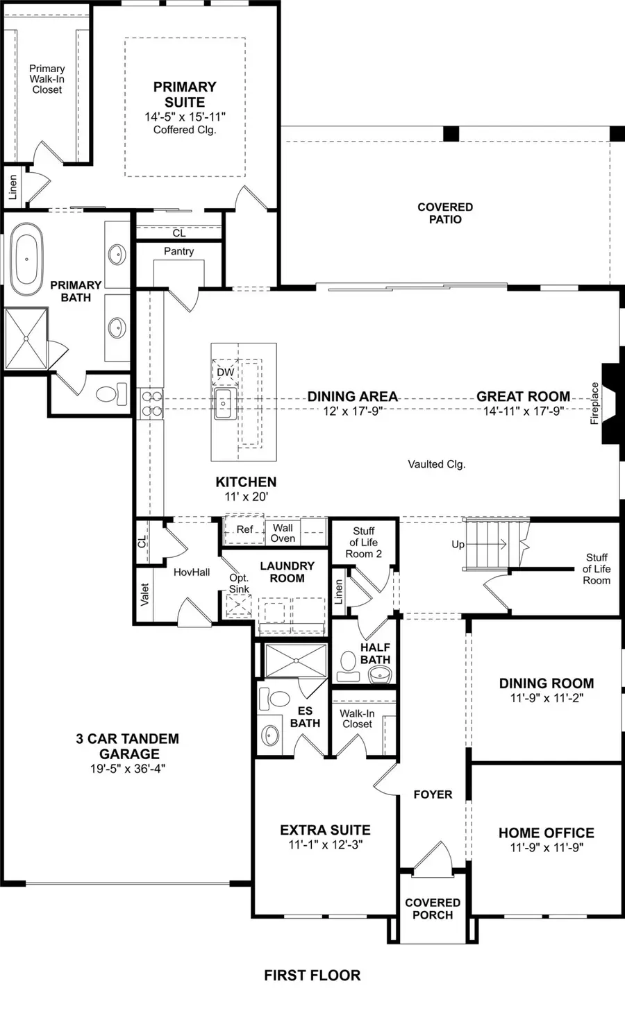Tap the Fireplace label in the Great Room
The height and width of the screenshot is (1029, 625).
(595, 403)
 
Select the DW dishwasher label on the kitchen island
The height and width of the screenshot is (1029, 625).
(226, 373)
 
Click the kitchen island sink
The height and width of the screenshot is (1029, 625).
(224, 403)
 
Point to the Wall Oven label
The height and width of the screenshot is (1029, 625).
(283, 533)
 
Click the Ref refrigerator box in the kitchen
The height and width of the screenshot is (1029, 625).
(244, 530)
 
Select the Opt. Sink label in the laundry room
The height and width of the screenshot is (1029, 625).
(239, 584)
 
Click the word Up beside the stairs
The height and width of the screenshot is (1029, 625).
(458, 545)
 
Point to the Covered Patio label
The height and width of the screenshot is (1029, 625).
(445, 213)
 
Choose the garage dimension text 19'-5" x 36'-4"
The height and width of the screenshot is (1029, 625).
(127, 769)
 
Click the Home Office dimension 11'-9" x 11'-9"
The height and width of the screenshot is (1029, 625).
(546, 848)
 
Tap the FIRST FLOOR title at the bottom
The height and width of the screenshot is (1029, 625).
(312, 976)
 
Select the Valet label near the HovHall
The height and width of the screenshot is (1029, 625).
(144, 595)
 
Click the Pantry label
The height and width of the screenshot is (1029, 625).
(178, 251)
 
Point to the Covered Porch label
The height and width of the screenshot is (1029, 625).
(433, 908)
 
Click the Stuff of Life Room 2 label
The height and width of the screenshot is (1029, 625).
(364, 543)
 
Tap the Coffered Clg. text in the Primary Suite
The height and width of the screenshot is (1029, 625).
(185, 130)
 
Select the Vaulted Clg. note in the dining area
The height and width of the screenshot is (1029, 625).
(436, 464)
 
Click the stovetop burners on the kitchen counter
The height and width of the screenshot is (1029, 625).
(152, 404)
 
